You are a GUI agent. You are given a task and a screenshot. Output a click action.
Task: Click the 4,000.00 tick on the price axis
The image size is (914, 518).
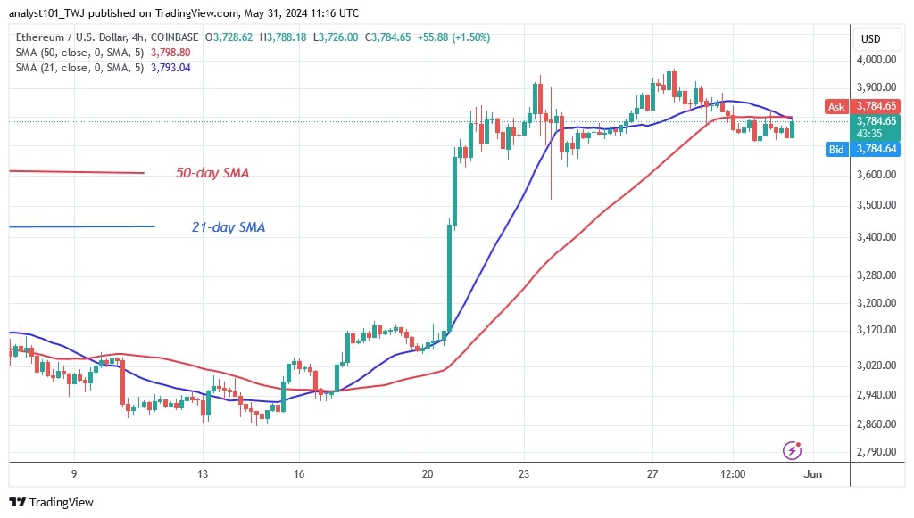pos(877,60)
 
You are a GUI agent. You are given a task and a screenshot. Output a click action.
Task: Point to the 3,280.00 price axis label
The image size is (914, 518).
pos(877,275)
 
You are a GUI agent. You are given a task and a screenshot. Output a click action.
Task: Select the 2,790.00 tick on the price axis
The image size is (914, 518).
pos(877,452)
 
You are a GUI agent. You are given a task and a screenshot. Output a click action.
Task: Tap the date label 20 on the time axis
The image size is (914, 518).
pos(428,474)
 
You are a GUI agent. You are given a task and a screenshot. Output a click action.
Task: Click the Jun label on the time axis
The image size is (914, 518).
pos(812,474)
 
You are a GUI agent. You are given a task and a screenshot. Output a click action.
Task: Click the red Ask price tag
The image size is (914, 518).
pos(836,106)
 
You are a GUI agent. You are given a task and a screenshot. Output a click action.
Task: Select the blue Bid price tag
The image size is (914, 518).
pos(836,150)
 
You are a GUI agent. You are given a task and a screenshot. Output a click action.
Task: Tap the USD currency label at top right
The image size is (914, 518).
pos(870,39)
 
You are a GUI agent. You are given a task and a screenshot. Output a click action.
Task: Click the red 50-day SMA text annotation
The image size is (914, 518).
pos(212,173)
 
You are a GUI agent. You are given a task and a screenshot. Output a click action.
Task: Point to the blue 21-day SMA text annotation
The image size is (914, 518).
pos(228,227)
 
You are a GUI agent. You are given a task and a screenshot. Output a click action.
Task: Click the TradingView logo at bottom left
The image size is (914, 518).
pos(52,503)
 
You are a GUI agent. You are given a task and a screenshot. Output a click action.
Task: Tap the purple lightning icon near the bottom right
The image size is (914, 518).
pos(791,450)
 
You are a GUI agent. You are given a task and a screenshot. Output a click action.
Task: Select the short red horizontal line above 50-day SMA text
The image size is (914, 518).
pos(76,171)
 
